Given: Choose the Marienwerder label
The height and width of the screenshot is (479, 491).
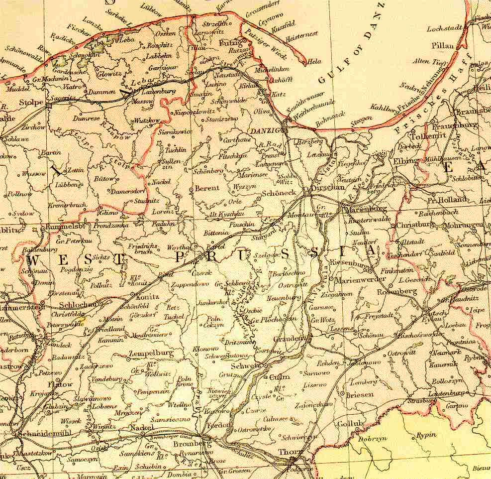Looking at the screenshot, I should click(x=360, y=280).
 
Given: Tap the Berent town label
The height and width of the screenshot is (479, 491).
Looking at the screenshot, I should click(x=206, y=189).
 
